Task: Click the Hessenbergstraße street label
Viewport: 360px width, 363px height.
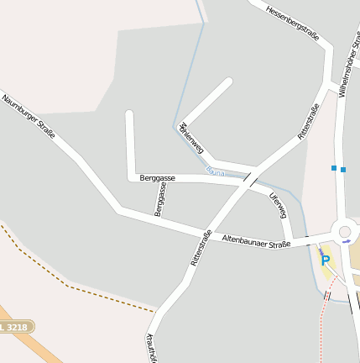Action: [292, 24]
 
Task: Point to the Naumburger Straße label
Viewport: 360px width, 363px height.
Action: [28, 117]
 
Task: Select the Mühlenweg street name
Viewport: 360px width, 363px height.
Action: [191, 137]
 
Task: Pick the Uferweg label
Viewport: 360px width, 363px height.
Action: [278, 206]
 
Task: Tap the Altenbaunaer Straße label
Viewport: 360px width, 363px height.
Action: [255, 240]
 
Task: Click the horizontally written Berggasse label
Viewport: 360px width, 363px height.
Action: [158, 178]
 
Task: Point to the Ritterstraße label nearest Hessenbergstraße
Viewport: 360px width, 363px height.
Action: [309, 121]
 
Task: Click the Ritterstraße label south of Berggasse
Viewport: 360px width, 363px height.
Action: [201, 248]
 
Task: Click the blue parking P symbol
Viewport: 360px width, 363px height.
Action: [326, 260]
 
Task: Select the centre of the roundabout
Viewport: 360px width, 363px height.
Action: [344, 232]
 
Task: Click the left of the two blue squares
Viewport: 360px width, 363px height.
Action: [334, 168]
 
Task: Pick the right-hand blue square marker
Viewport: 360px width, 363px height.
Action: [343, 169]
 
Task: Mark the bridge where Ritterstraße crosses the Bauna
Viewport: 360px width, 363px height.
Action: [250, 178]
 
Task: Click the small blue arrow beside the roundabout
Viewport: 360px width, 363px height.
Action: [347, 242]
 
